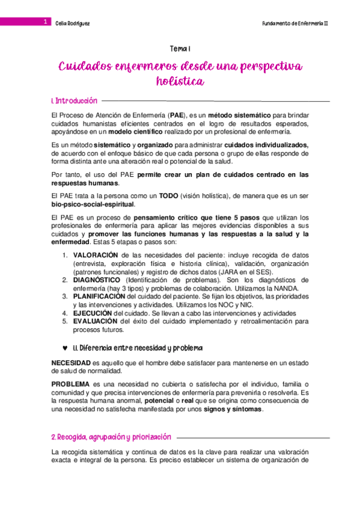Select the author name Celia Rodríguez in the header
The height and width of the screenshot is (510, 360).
tap(72, 22)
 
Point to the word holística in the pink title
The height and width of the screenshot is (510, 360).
tap(180, 80)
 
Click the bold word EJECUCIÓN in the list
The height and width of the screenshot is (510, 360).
tap(93, 313)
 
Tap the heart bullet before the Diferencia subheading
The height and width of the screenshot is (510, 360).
tap(64, 348)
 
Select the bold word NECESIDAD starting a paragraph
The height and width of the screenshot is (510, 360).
tap(71, 363)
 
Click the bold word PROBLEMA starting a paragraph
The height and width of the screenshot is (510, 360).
tap(70, 384)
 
